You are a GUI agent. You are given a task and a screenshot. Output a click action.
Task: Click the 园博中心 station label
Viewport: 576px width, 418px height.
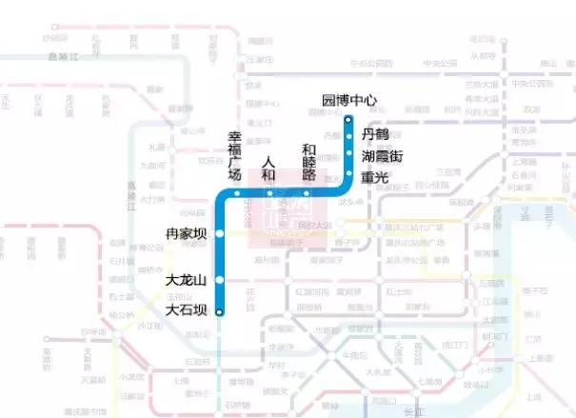coord(349,100)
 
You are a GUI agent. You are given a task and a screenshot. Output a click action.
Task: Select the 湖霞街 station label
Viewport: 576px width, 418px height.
coord(382,156)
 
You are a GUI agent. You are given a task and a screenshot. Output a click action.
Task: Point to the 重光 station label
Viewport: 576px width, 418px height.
coord(375,177)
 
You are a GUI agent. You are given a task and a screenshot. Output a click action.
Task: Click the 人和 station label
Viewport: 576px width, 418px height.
coord(268,169)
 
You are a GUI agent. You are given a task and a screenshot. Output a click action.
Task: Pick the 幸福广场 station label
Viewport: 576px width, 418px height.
coord(234,156)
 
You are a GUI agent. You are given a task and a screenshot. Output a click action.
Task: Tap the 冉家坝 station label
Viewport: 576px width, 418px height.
coord(186,233)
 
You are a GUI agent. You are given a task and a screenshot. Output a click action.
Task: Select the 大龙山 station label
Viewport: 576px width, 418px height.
coord(186,280)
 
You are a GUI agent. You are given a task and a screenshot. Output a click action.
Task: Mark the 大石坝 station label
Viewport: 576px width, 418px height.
coord(186,309)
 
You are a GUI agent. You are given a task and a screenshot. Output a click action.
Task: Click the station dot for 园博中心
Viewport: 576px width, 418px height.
coord(348,119)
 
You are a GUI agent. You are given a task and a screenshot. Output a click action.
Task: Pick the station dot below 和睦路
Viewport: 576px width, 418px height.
coord(307,192)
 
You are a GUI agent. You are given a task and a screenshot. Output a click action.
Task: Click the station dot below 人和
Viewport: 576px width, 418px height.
coord(269,192)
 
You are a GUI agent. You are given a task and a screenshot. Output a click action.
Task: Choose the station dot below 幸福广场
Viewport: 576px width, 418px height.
coord(236,193)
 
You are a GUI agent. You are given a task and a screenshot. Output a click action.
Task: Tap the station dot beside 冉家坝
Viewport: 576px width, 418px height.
coord(219,233)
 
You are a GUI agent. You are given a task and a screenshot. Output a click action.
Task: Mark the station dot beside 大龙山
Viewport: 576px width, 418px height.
coord(219,280)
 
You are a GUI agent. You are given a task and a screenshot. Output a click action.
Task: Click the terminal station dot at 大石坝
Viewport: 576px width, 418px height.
coord(219,311)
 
